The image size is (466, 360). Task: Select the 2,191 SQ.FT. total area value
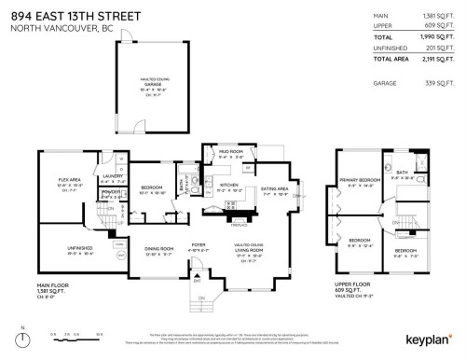coord(435,58)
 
